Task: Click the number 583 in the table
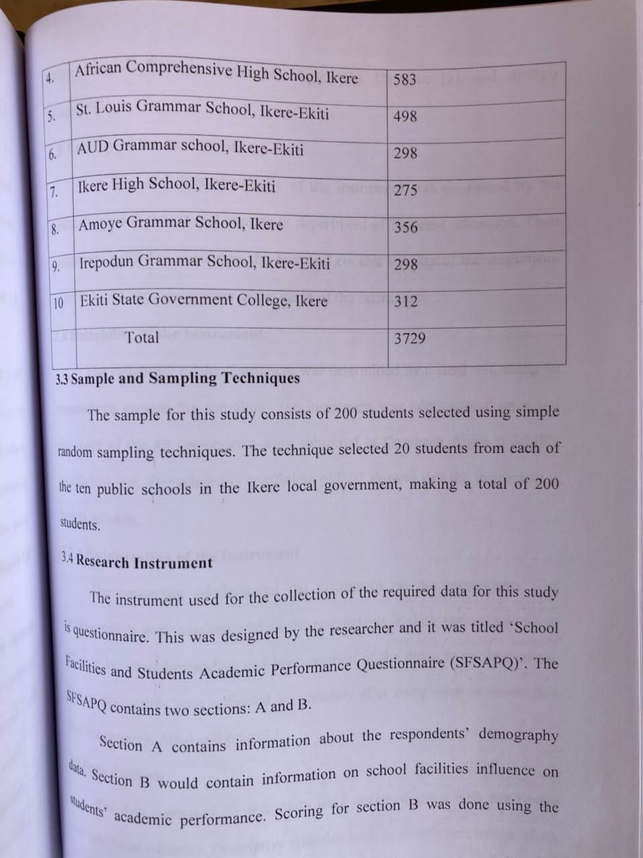[x=405, y=79]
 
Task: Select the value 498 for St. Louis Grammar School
[x=405, y=116]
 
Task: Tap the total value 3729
[x=409, y=339]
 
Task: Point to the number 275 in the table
[x=405, y=190]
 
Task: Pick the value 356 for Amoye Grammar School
[x=405, y=227]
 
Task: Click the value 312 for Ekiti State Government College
[x=405, y=302]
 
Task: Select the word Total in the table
[x=142, y=337]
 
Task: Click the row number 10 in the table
[x=58, y=303]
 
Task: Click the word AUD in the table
[x=92, y=147]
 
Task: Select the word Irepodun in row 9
[x=107, y=262]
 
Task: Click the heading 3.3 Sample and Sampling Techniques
[x=178, y=378]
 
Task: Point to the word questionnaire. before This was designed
[x=111, y=634]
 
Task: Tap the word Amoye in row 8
[x=100, y=224]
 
